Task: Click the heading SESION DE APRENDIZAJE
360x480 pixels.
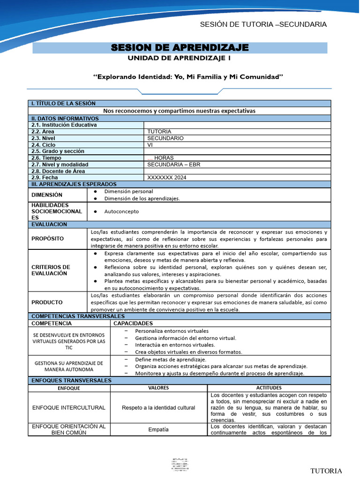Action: point(180,48)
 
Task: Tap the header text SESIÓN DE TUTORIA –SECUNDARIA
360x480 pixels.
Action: point(263,24)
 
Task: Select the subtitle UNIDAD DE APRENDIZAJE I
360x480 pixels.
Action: point(180,59)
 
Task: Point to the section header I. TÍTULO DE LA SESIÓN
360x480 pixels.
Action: point(63,103)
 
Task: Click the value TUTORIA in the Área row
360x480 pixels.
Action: point(159,132)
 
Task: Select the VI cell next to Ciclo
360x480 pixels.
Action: point(150,145)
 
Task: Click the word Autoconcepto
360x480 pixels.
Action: point(122,211)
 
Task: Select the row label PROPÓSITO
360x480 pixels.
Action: point(47,239)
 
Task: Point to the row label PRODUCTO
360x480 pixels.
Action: point(47,302)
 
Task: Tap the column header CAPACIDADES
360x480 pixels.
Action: point(133,323)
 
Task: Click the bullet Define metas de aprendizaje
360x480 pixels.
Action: point(164,359)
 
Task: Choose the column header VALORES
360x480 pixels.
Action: point(158,388)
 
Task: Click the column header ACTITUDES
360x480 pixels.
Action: point(269,388)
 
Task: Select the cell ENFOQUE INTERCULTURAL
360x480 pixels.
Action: point(68,408)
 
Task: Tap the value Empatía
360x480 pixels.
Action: point(158,429)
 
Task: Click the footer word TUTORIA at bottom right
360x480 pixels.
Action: point(326,471)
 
